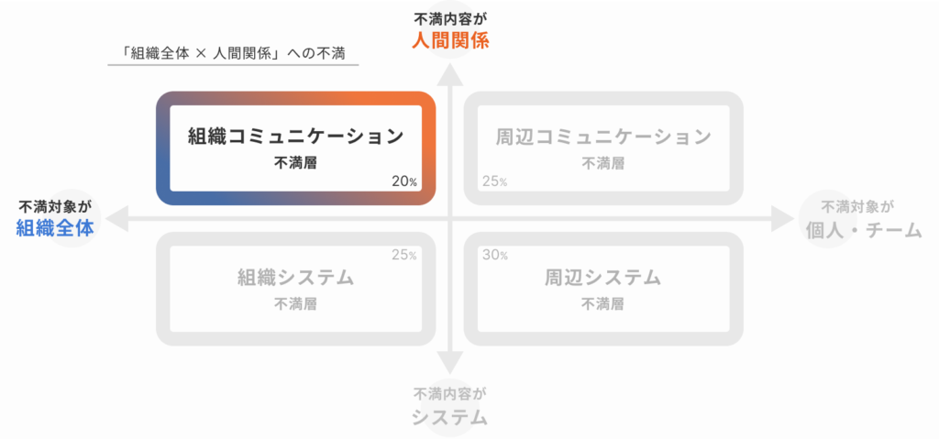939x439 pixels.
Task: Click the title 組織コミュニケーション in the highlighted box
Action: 295,136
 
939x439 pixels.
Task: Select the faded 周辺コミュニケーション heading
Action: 603,137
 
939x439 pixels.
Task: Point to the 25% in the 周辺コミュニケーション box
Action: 494,181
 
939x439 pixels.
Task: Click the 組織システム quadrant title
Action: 295,278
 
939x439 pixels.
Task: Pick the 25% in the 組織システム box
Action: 404,255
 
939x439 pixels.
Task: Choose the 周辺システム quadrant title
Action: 603,278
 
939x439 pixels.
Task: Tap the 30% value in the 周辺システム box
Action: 494,255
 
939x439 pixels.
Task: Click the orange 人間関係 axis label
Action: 450,40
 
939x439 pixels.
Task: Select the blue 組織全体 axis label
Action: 55,228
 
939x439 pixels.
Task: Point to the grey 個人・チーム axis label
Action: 864,231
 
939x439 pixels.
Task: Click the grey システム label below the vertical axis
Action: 449,417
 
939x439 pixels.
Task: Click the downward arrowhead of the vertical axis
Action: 450,362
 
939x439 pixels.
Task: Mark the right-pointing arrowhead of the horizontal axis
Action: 782,219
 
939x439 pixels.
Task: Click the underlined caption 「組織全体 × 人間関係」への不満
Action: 233,53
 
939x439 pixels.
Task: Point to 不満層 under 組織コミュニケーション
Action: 295,163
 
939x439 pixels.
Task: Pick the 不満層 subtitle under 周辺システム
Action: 602,303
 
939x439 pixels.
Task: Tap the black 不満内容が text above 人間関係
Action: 450,18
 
